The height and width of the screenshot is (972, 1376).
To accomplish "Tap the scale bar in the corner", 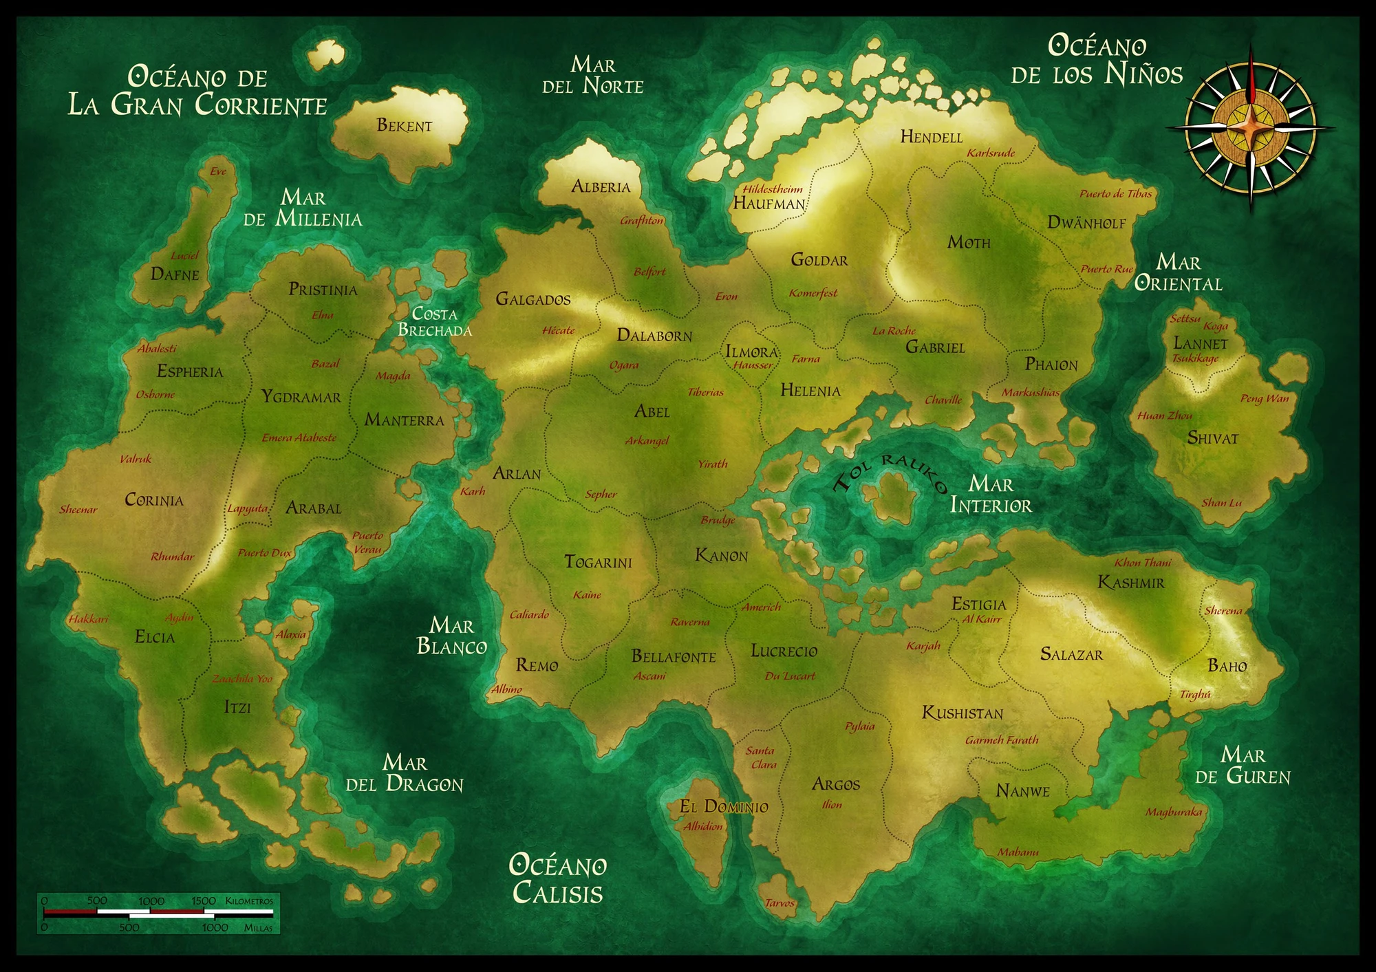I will point(158,914).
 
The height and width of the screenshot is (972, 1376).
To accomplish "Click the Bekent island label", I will point(404,125).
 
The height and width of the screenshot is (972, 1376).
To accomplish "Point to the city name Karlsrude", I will point(991,153).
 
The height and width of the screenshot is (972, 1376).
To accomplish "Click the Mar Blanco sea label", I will point(451,636).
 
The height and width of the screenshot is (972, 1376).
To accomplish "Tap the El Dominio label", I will point(724,807).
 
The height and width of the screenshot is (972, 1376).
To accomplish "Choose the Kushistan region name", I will point(963,713).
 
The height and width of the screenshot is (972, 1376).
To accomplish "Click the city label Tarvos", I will point(780,903).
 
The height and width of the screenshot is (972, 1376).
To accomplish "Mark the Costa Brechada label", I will point(435,322).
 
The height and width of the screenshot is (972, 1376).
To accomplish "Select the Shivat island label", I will point(1212,438).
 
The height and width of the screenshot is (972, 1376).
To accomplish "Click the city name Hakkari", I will point(88,619).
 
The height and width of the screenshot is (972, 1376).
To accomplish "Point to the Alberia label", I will point(601,186).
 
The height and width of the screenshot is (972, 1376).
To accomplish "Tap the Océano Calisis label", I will point(557,879).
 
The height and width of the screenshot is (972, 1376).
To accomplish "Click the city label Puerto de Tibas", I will point(1115,194).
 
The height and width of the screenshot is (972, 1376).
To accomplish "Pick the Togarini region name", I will point(598,562).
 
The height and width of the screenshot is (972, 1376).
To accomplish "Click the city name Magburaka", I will point(1174,812).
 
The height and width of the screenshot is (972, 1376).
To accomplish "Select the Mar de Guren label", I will point(1243,766).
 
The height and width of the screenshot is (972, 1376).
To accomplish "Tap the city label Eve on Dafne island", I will point(218,171).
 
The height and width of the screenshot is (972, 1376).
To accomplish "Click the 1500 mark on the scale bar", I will point(204,900).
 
